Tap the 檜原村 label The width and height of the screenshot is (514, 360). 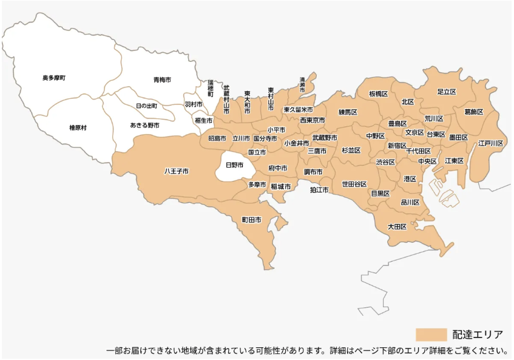point(78,127)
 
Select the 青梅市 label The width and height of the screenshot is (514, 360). point(162,80)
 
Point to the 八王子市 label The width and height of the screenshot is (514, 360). point(177,171)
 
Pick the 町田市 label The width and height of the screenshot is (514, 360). point(251,219)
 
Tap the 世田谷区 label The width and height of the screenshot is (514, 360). point(354,183)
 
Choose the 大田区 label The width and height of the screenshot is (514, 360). point(397,226)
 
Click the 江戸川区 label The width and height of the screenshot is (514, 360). point(490,143)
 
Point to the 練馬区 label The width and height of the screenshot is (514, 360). point(348,112)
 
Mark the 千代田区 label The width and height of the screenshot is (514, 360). point(419,151)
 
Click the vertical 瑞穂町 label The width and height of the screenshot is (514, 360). point(211,88)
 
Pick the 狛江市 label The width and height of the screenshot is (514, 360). point(319,190)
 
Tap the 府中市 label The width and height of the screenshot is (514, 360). point(278,168)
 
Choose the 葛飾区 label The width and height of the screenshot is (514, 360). point(473,112)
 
